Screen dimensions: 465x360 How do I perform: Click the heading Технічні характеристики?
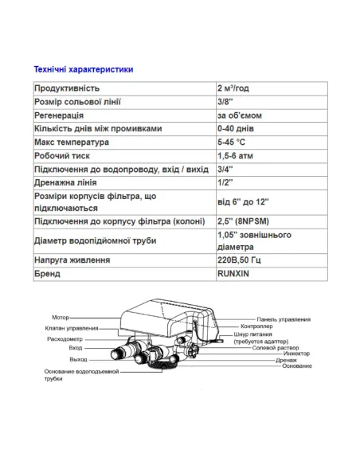click(83, 70)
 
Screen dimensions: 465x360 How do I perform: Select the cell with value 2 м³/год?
click(234, 88)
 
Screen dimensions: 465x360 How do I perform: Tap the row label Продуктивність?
click(70, 88)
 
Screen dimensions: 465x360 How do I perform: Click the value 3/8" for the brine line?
click(224, 101)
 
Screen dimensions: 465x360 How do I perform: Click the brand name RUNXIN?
click(234, 275)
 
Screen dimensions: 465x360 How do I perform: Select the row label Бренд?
click(49, 275)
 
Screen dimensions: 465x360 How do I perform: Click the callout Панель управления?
click(284, 318)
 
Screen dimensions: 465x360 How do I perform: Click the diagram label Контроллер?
click(259, 326)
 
